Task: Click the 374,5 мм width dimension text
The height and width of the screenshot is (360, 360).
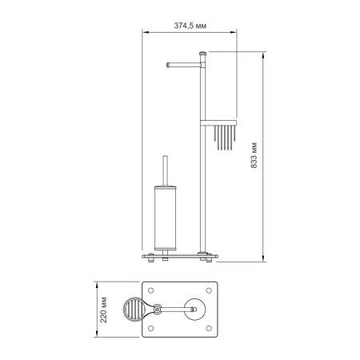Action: [189, 25]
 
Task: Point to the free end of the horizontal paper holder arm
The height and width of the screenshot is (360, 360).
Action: [166, 64]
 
